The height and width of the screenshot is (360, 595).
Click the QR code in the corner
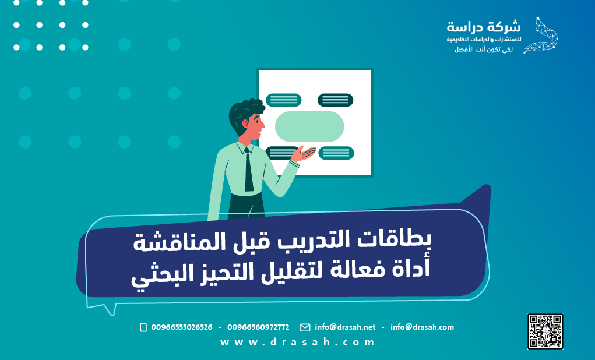pyautogui.click(x=545, y=331)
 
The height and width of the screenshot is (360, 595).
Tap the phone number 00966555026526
pyautogui.click(x=181, y=327)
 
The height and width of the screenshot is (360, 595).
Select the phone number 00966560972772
pyautogui.click(x=258, y=327)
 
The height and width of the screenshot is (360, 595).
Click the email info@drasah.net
pyautogui.click(x=345, y=327)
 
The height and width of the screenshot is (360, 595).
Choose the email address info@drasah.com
pyautogui.click(x=422, y=327)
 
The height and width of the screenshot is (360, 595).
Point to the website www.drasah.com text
pyautogui.click(x=297, y=343)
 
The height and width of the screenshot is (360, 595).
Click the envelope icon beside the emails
pyautogui.click(x=305, y=327)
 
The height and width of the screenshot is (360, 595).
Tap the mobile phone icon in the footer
pyautogui.click(x=143, y=327)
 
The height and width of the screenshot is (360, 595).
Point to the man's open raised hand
pyautogui.click(x=304, y=154)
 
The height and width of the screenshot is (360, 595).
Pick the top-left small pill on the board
pyautogui.click(x=283, y=100)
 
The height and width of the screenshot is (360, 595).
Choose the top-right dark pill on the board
pyautogui.click(x=336, y=100)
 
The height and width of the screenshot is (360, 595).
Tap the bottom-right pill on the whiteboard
pyautogui.click(x=336, y=153)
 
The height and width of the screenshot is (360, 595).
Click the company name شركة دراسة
pyautogui.click(x=484, y=27)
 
